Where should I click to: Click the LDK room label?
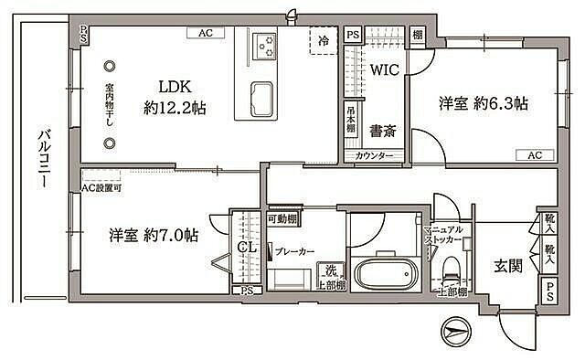click(174, 88)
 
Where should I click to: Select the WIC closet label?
click(382, 69)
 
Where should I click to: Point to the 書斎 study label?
click(382, 132)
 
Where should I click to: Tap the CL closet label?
click(245, 248)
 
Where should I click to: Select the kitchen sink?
click(259, 96)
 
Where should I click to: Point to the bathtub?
click(384, 273)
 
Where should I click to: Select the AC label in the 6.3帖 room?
click(534, 155)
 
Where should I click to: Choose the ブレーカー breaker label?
click(294, 250)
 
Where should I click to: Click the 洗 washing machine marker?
click(329, 271)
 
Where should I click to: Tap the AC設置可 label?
click(101, 188)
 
